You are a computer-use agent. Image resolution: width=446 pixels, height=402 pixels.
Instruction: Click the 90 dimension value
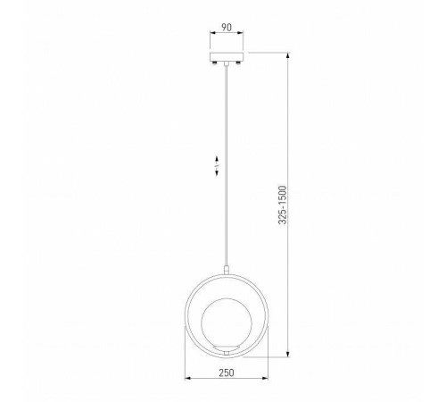pyautogui.click(x=227, y=28)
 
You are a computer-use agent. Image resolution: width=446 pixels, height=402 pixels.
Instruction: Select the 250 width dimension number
pyautogui.click(x=227, y=373)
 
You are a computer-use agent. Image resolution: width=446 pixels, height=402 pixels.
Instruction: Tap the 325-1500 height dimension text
pyautogui.click(x=283, y=205)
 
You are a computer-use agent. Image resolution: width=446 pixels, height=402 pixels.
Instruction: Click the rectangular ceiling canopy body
pyautogui.click(x=227, y=56)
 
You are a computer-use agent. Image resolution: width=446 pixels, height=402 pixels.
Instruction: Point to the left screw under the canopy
pyautogui.click(x=214, y=63)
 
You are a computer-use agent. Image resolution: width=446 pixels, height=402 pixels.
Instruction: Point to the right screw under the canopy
pyautogui.click(x=238, y=63)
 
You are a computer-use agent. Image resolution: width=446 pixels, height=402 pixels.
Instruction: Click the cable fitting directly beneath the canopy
pyautogui.click(x=227, y=63)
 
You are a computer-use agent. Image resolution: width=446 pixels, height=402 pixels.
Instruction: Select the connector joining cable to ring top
pyautogui.click(x=227, y=270)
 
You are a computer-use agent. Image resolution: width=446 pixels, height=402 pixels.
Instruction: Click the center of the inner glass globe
pyautogui.click(x=227, y=322)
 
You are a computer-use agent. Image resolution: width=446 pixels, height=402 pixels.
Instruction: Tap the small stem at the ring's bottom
pyautogui.click(x=227, y=353)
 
